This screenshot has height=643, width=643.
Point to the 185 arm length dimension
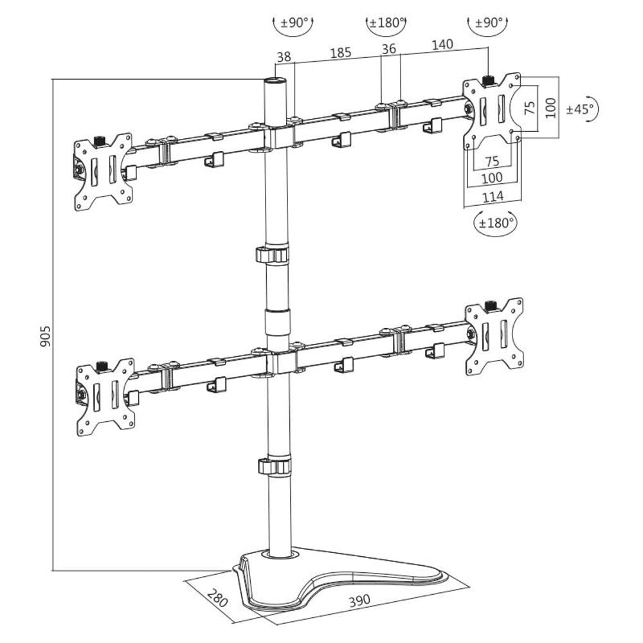[340, 53]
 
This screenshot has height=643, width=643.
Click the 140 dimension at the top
[442, 44]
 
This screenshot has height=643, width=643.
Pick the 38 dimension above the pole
[284, 57]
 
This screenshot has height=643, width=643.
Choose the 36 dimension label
[389, 48]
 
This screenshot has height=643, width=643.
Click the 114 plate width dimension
[493, 196]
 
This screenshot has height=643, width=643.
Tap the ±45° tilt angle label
[580, 109]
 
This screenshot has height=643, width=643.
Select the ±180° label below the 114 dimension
[495, 223]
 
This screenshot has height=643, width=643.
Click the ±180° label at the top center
[386, 23]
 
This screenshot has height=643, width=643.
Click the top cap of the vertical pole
[276, 82]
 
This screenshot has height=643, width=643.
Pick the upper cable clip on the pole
[274, 254]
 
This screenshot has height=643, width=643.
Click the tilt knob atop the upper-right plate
[488, 80]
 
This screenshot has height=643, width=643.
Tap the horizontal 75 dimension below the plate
[492, 160]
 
